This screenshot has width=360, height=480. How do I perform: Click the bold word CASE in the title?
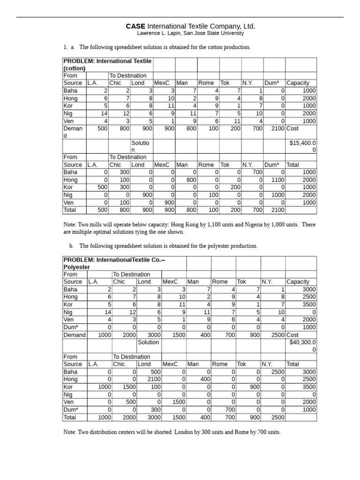coord(135,26)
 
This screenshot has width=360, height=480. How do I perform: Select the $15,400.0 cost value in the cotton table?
coord(302,141)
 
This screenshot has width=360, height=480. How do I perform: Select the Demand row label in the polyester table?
coord(75,335)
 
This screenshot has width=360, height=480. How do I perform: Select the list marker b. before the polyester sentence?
coord(72,246)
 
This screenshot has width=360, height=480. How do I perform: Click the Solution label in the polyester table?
coord(148,342)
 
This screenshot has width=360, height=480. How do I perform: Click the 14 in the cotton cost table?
coord(104,113)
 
